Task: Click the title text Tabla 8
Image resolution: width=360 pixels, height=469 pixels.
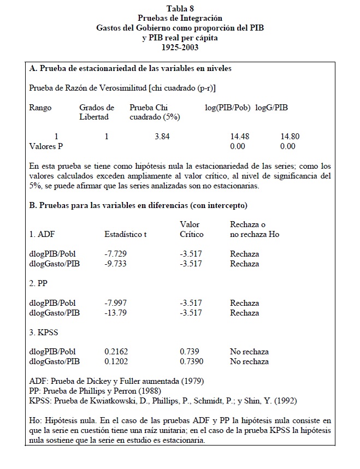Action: [x=180, y=8]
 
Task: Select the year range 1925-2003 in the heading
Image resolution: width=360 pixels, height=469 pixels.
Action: [x=180, y=47]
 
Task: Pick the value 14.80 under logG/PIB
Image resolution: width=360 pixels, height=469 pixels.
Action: [x=290, y=136]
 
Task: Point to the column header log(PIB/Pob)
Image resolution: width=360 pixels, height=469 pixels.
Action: [x=227, y=108]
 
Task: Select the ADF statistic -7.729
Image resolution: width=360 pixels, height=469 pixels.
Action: [x=115, y=254]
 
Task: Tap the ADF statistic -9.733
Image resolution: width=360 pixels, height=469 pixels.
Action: [x=115, y=264]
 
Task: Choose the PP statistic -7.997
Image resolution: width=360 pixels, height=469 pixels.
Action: [x=115, y=303]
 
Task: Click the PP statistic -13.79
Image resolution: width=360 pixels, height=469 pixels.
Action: [x=115, y=313]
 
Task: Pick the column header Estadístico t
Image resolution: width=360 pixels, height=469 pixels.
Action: [x=126, y=234]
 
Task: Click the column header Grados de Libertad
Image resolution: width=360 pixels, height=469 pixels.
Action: [x=97, y=112]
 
